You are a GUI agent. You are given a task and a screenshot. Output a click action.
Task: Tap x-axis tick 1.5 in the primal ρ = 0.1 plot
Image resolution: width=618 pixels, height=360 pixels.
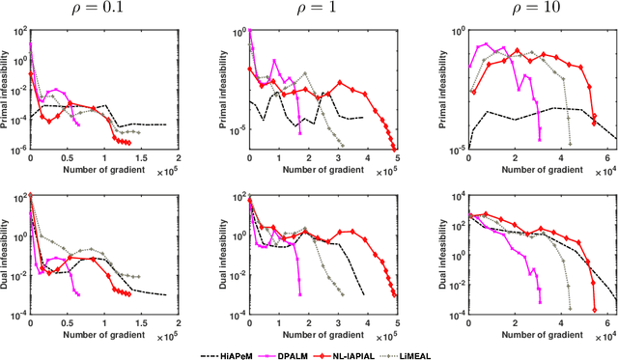pos(141,159)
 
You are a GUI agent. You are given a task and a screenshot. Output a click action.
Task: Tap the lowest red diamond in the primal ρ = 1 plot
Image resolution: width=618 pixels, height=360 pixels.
pos(396,149)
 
